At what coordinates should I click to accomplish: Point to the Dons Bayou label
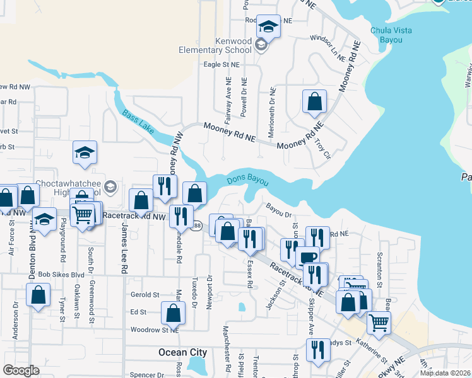(x=247, y=180)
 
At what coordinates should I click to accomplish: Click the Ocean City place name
(x=182, y=352)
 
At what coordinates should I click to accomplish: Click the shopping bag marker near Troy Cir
(x=314, y=101)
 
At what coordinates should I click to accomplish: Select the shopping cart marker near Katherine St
(x=379, y=323)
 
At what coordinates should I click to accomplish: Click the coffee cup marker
(x=308, y=257)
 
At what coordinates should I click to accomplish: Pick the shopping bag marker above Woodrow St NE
(x=173, y=312)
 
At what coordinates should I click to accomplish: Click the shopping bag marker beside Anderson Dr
(x=38, y=295)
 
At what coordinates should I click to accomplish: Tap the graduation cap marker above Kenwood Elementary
(x=269, y=26)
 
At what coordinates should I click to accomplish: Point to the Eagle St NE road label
(x=221, y=64)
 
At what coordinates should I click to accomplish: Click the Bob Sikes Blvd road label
(x=61, y=275)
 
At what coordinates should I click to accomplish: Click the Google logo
(x=21, y=370)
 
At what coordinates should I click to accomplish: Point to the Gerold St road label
(x=145, y=294)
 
